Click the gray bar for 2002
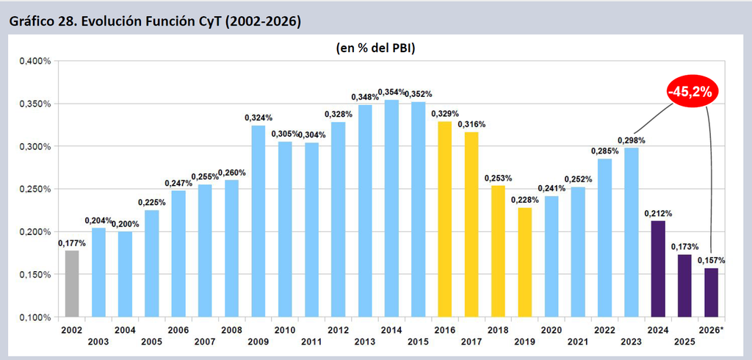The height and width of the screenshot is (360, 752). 72,284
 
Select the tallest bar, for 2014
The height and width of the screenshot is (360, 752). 391,209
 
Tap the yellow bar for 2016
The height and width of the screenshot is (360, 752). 444,220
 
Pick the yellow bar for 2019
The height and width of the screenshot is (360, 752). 524,262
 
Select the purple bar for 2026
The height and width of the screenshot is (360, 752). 711,293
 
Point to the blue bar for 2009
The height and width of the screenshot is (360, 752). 258,221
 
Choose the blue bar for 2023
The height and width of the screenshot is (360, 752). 631,232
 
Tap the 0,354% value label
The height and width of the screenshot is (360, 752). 392,92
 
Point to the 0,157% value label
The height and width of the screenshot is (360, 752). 711,260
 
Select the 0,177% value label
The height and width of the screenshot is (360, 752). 72,243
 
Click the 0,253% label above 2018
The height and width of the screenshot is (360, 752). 499,178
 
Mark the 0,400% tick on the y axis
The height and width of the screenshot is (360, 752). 35,61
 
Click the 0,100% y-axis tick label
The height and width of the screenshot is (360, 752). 35,317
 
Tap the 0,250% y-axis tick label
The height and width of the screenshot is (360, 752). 35,189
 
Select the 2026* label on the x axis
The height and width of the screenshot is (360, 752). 711,330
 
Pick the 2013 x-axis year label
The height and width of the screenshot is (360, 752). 365,342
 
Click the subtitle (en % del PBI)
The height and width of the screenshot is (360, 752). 375,48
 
